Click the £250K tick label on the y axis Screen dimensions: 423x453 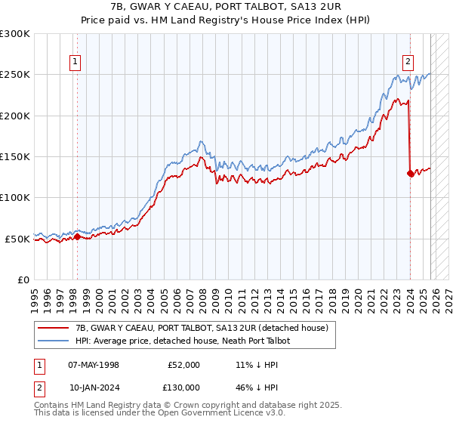click(14, 75)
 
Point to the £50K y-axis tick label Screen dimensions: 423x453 click(17, 239)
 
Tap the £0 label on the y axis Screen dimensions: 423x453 click(23, 279)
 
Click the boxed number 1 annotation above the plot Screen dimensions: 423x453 click(76, 63)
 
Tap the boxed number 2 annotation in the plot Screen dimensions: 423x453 click(408, 63)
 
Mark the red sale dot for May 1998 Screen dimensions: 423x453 click(77, 237)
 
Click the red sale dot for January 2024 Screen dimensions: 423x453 click(410, 173)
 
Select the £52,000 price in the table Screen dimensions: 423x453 click(183, 365)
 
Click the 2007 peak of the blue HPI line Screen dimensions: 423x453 click(200, 141)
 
